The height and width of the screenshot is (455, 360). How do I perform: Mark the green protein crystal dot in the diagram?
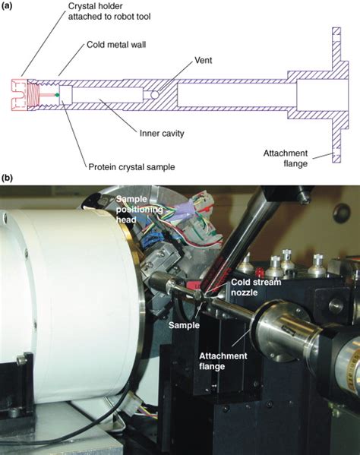pyautogui.click(x=57, y=94)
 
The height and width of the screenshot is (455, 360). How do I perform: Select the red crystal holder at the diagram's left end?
pyautogui.click(x=24, y=94)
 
